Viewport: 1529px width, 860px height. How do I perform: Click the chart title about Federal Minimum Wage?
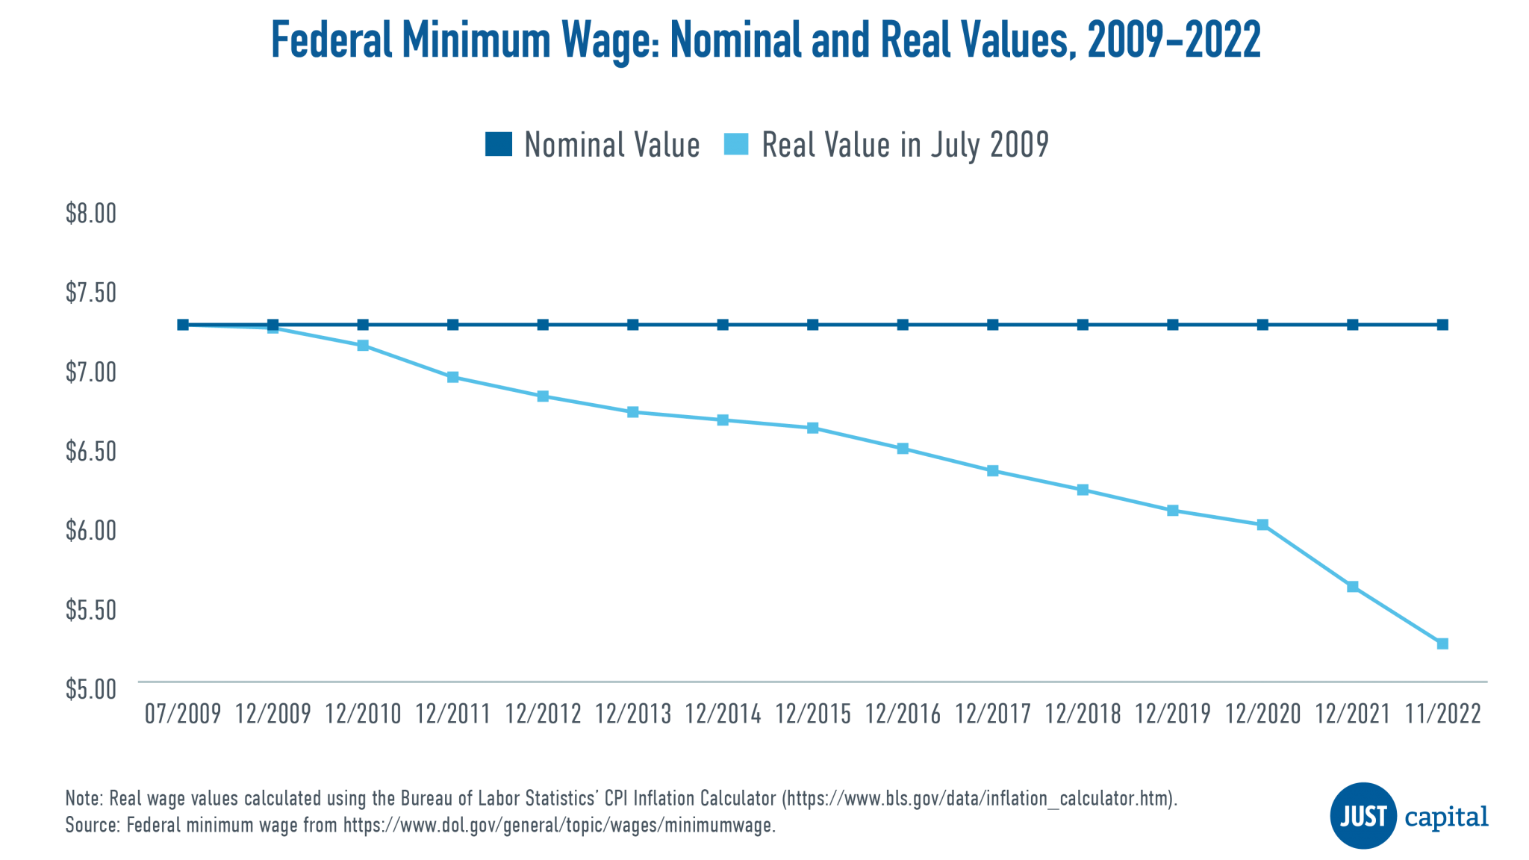tap(764, 40)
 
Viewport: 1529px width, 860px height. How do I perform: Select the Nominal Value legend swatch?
tap(498, 144)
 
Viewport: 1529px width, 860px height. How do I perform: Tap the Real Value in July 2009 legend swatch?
tap(736, 144)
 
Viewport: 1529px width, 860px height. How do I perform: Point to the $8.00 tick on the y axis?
tap(91, 214)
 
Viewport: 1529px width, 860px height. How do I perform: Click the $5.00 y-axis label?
tap(91, 689)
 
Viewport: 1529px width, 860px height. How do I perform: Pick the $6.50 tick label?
tap(91, 452)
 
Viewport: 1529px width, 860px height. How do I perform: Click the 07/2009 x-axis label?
tap(183, 714)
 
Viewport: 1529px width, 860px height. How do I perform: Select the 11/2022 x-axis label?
tap(1442, 714)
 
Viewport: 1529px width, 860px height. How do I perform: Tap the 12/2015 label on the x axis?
tap(813, 714)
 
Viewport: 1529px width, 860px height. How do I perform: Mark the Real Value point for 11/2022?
tap(1442, 644)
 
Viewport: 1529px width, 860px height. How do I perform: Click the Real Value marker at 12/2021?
tap(1352, 587)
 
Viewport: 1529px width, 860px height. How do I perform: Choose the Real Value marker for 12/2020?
tap(1262, 525)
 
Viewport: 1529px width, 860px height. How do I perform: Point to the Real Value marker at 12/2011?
tap(453, 378)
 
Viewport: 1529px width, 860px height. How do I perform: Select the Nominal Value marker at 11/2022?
tap(1442, 325)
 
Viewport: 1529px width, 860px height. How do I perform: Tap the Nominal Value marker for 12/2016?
tap(903, 325)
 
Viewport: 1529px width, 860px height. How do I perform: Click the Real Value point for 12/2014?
tap(723, 420)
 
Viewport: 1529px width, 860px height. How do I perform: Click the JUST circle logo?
tap(1363, 815)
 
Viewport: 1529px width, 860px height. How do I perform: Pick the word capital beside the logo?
tap(1446, 817)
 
